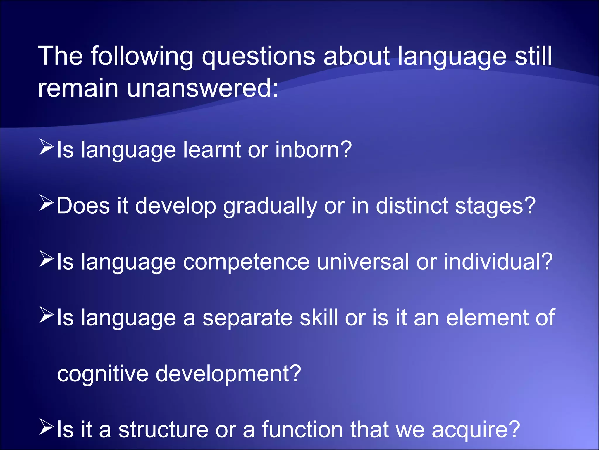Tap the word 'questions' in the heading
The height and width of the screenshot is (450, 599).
pos(259,56)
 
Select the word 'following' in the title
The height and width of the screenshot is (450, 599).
pos(142,56)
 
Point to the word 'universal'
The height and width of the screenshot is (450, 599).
pos(363,262)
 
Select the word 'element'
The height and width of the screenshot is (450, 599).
pos(487,318)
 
